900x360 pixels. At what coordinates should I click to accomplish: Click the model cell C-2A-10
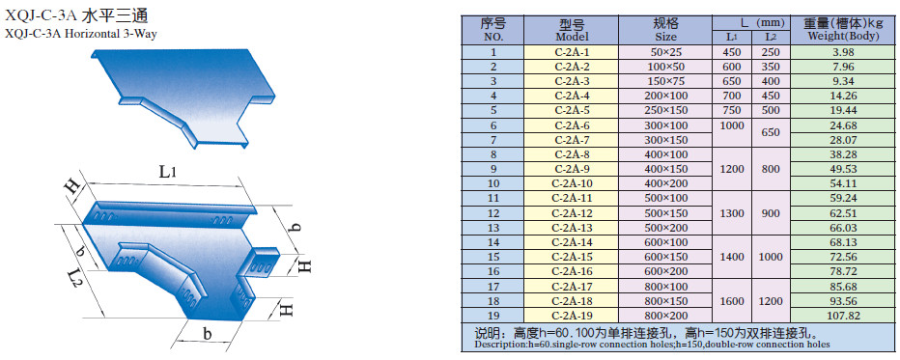click(x=571, y=184)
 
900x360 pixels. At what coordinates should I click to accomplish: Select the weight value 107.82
click(x=844, y=316)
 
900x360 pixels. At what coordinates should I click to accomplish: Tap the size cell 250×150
click(x=665, y=111)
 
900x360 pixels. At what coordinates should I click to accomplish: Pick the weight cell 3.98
click(x=844, y=52)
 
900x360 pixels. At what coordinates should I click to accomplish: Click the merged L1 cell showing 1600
click(x=732, y=301)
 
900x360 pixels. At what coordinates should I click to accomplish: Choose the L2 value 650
click(x=771, y=132)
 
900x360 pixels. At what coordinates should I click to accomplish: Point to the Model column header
click(x=572, y=31)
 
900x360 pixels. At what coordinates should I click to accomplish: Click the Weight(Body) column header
click(x=844, y=30)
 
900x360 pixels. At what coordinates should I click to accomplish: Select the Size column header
click(x=665, y=30)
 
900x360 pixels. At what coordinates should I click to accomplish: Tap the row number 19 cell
click(x=493, y=316)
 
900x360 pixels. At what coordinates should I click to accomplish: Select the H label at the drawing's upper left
click(x=73, y=188)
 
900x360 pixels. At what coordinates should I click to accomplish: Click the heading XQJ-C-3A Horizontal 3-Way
click(x=80, y=34)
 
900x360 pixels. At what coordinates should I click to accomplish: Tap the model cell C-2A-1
click(x=571, y=52)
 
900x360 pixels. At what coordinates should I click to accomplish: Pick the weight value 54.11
click(x=844, y=184)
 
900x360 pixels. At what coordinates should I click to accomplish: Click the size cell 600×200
click(x=665, y=271)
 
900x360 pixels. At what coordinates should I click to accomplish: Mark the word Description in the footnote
click(x=499, y=346)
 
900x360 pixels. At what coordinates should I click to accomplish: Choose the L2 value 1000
click(x=771, y=257)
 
